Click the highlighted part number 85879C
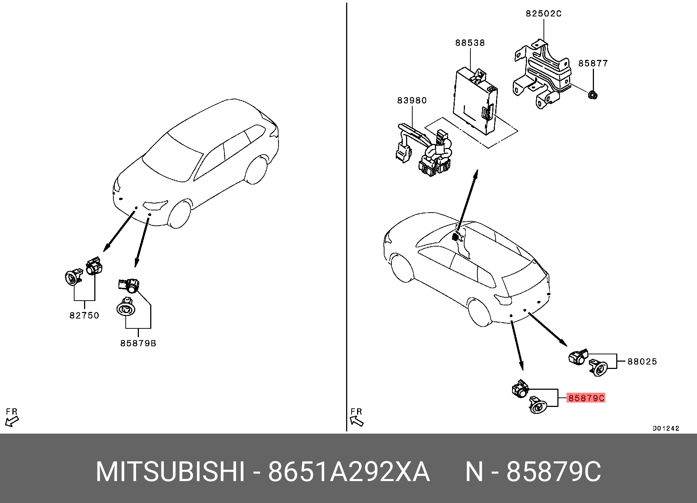[586, 398]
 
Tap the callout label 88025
[642, 362]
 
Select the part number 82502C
[543, 14]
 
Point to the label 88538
[470, 43]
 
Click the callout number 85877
[593, 63]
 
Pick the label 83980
[412, 100]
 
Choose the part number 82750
[84, 316]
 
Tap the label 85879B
[138, 343]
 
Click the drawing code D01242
[666, 428]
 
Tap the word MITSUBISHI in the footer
[170, 472]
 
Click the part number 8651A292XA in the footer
[349, 472]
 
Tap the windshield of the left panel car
[172, 157]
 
